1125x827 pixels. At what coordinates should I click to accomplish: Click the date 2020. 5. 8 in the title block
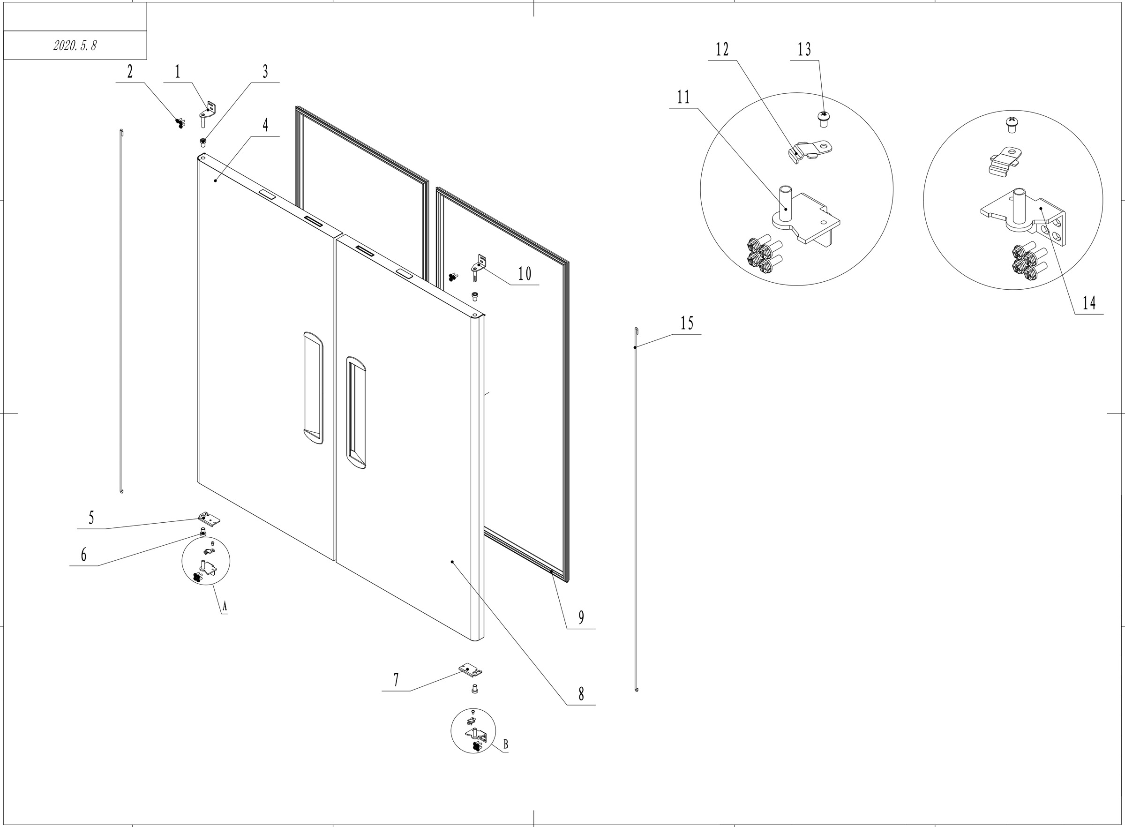75,45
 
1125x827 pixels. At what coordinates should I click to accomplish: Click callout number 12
722,50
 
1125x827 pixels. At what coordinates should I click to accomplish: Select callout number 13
804,50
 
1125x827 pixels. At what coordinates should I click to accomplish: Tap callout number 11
683,97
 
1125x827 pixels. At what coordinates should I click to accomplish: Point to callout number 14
1089,303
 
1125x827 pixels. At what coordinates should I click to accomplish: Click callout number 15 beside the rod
687,323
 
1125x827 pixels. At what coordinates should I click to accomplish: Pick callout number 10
525,274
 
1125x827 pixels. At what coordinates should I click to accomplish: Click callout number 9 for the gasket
581,617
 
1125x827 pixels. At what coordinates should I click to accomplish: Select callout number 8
581,694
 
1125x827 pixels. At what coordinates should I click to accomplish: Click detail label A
225,607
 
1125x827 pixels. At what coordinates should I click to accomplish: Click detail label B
505,745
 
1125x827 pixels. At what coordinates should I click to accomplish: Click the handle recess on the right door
356,413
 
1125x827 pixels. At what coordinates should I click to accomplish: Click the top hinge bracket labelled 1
208,113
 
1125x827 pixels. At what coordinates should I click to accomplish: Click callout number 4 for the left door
265,125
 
